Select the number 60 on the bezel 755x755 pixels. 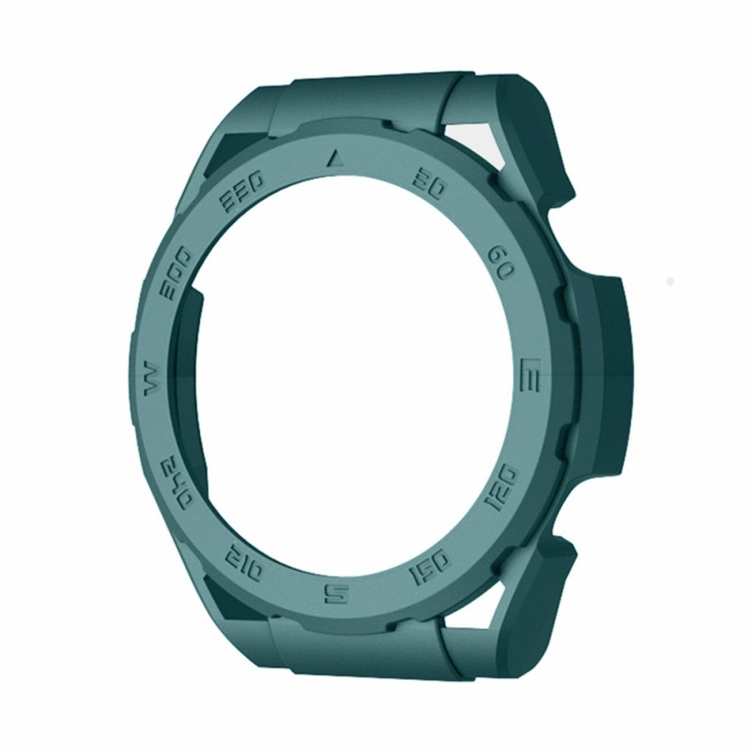pyautogui.click(x=501, y=263)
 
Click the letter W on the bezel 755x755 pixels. pyautogui.click(x=149, y=376)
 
